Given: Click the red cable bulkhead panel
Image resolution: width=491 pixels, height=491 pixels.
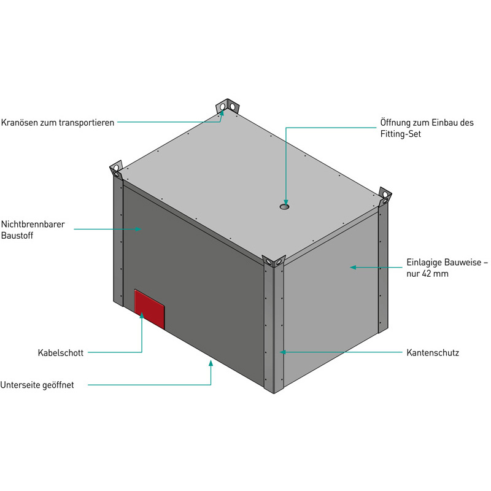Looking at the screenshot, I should (x=150, y=309).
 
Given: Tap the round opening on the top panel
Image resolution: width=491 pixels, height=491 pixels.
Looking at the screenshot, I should (x=284, y=207).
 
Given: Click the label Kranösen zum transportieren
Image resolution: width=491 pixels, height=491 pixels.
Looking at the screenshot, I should (x=57, y=122).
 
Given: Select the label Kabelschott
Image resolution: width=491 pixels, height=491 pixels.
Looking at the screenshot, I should (x=60, y=353).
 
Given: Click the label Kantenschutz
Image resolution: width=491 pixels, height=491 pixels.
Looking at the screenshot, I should (x=433, y=353).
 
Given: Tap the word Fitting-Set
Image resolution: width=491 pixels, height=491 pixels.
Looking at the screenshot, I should (x=400, y=134).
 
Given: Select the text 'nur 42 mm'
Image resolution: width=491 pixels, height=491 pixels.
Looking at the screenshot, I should (x=427, y=274).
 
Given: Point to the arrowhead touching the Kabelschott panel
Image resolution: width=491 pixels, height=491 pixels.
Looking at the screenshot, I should (x=142, y=315).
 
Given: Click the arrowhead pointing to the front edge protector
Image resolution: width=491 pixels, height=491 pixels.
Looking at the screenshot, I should (x=282, y=352).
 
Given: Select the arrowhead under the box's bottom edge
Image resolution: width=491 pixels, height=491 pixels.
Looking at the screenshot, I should (x=211, y=364).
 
